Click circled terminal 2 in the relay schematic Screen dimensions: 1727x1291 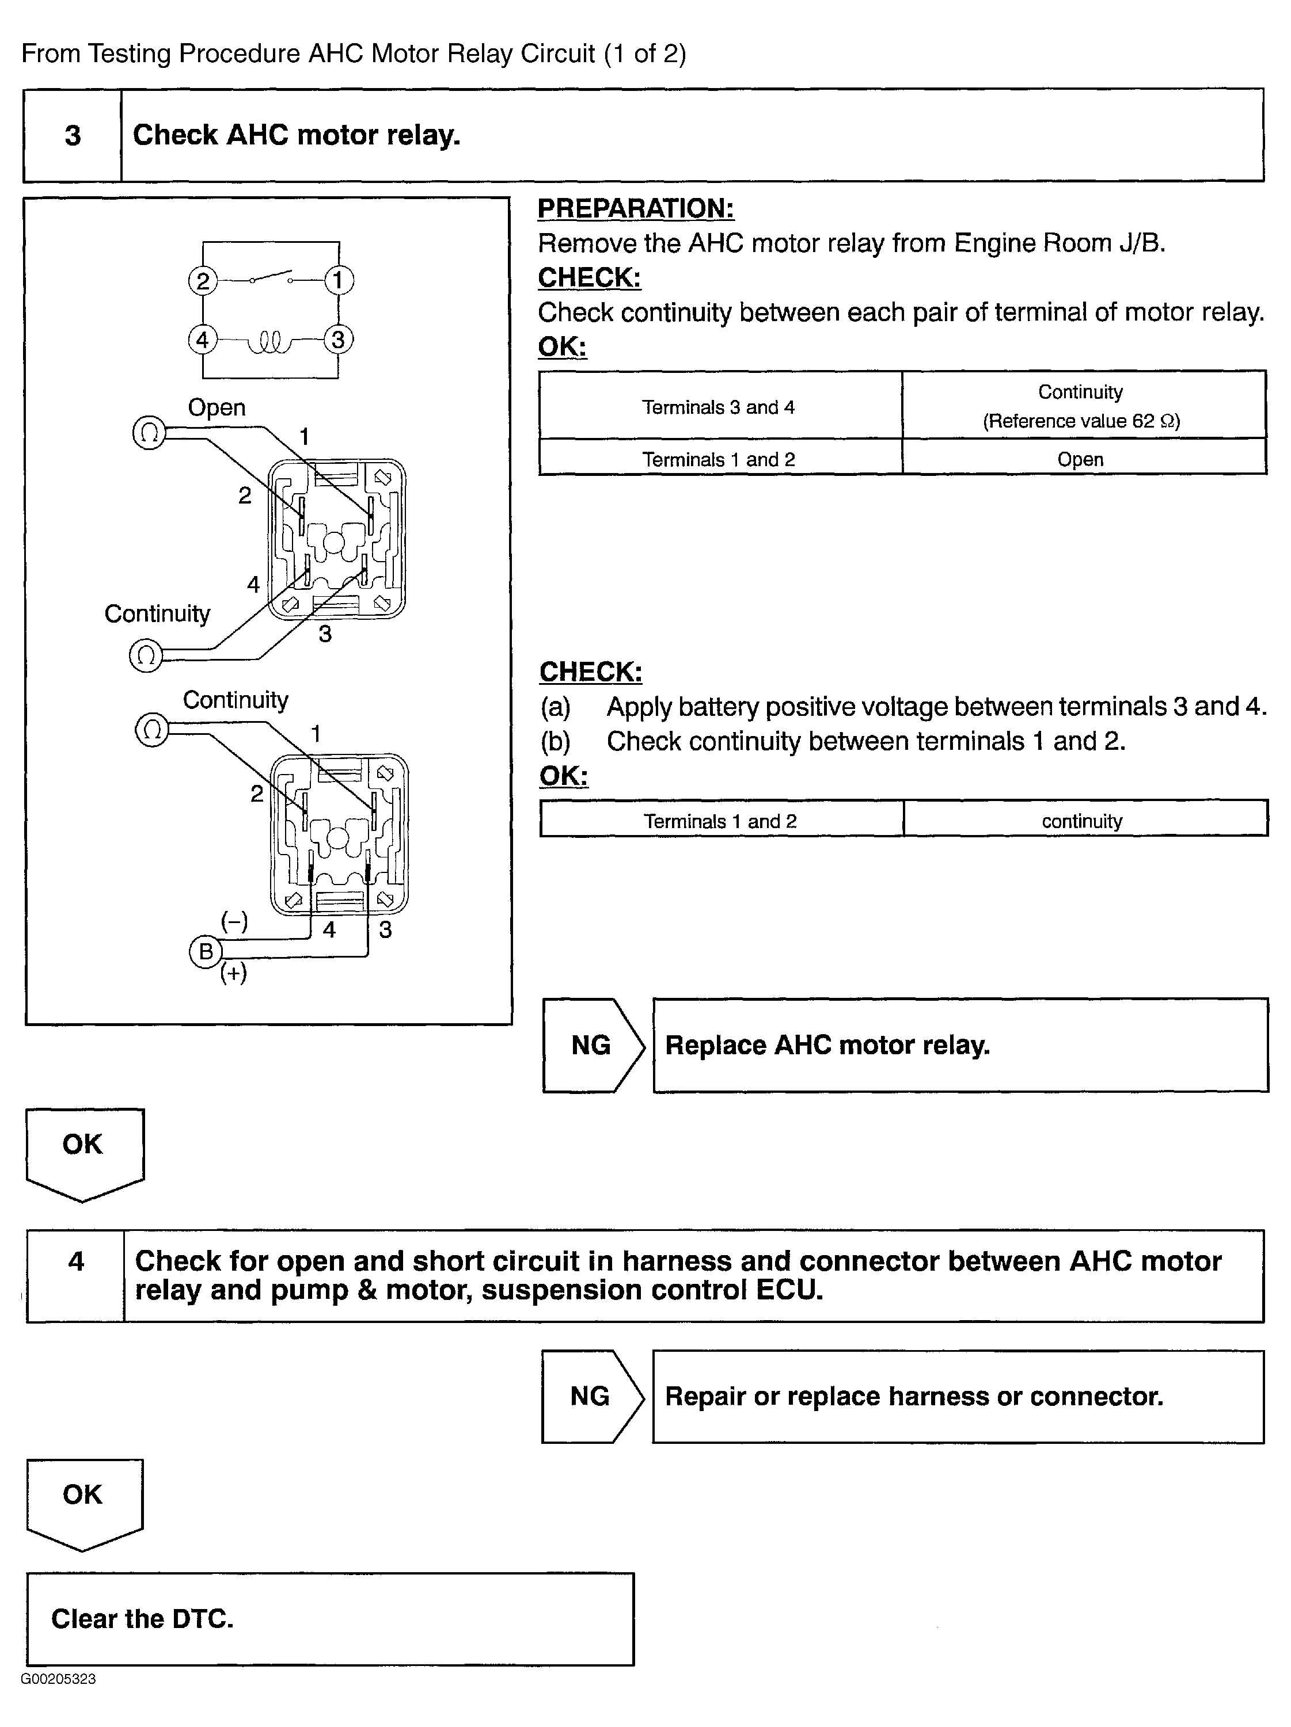click(x=202, y=280)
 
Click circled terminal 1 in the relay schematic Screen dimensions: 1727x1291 click(x=338, y=280)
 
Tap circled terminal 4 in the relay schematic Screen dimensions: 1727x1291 click(x=202, y=340)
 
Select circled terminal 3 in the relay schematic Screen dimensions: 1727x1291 click(x=338, y=340)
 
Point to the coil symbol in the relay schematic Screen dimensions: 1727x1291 click(x=269, y=342)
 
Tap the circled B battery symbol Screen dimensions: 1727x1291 click(x=206, y=951)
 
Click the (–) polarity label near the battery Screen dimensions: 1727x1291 click(x=234, y=922)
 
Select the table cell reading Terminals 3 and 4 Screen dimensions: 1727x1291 click(x=719, y=407)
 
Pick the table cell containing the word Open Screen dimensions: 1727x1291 click(x=1080, y=459)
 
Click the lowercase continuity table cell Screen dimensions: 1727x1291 click(x=1082, y=821)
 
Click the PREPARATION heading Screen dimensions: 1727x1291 click(x=636, y=208)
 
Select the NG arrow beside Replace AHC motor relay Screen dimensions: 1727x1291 click(x=592, y=1044)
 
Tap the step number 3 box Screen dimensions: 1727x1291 click(x=73, y=136)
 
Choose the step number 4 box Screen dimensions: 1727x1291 click(x=76, y=1261)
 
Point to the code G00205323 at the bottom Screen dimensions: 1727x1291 click(x=59, y=1679)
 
